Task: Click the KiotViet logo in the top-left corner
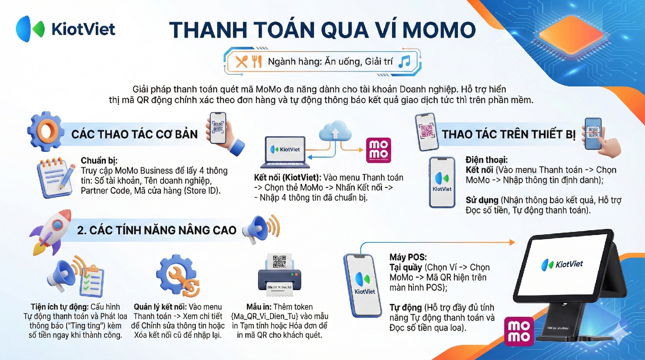pos(66,29)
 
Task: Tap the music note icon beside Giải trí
pos(404,62)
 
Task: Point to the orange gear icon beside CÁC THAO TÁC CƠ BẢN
pos(45,131)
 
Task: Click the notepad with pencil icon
pos(56,178)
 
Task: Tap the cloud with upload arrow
pos(335,131)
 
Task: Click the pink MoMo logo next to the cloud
pos(378,150)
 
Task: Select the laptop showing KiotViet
pos(285,152)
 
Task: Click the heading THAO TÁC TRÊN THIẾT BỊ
pos(509,134)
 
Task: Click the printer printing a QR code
pos(279,275)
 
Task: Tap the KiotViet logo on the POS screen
pos(562,265)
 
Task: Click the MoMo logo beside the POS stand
pos(519,331)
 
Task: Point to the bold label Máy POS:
pos(408,257)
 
